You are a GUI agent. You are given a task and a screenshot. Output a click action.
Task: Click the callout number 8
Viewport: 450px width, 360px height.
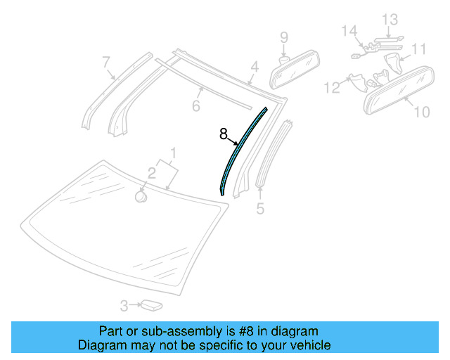tap(224, 134)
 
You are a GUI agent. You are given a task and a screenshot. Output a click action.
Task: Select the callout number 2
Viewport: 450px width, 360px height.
tap(151, 173)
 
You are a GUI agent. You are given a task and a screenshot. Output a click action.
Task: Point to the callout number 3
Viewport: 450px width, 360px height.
tap(124, 305)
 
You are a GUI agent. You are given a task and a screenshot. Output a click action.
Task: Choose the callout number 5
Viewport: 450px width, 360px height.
tap(196, 106)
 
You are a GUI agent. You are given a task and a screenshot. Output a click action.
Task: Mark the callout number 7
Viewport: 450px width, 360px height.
tap(284, 37)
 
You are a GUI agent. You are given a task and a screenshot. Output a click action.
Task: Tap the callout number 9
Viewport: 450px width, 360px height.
tap(421, 111)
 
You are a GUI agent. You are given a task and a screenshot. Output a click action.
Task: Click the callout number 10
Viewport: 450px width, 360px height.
tap(420, 49)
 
